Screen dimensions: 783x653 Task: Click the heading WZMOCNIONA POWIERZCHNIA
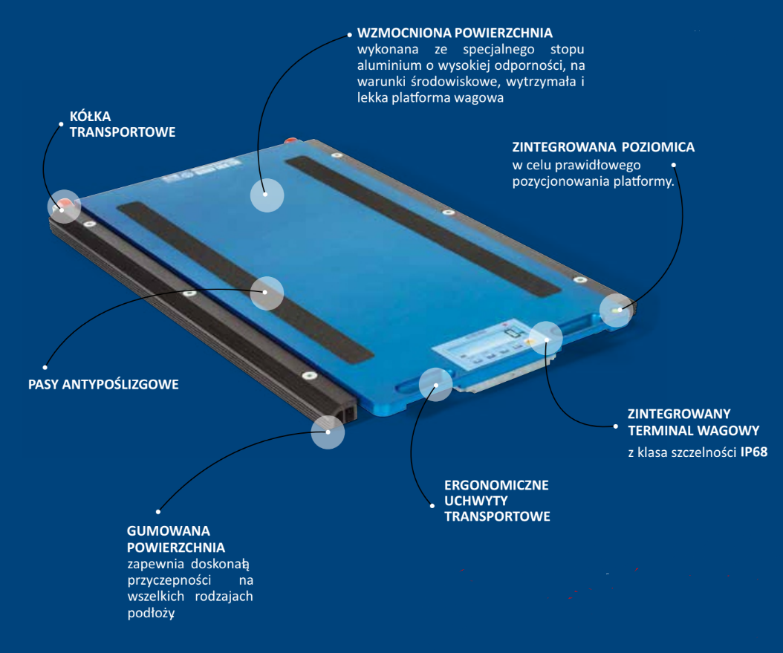pyautogui.click(x=455, y=33)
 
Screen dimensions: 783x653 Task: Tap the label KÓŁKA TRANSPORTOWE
pyautogui.click(x=123, y=124)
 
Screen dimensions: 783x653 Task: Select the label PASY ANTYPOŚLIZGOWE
pyautogui.click(x=103, y=384)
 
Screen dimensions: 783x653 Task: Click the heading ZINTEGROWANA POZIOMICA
pyautogui.click(x=603, y=147)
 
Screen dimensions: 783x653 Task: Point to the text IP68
pyautogui.click(x=753, y=452)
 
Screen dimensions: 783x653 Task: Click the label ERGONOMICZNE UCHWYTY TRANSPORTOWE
pyautogui.click(x=498, y=501)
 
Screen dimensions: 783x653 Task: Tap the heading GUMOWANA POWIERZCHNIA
pyautogui.click(x=176, y=539)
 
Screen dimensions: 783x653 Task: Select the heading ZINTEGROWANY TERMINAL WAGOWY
pyautogui.click(x=694, y=422)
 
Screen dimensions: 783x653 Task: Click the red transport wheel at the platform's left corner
pyautogui.click(x=63, y=205)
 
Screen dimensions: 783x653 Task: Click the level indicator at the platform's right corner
pyautogui.click(x=617, y=310)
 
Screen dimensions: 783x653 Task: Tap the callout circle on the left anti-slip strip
pyautogui.click(x=267, y=293)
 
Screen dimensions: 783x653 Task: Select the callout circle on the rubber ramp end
pyautogui.click(x=328, y=432)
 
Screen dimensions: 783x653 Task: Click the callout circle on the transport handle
pyautogui.click(x=435, y=385)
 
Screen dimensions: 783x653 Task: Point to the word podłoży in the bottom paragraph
pyautogui.click(x=151, y=613)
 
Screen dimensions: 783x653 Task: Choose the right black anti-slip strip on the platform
pyautogui.click(x=423, y=225)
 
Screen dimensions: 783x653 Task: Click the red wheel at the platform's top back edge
pyautogui.click(x=290, y=141)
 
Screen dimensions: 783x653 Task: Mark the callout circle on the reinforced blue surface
pyautogui.click(x=267, y=195)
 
